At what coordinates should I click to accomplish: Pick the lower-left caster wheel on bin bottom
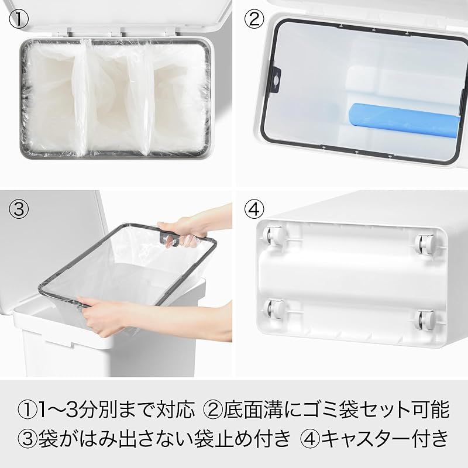click(273, 308)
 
